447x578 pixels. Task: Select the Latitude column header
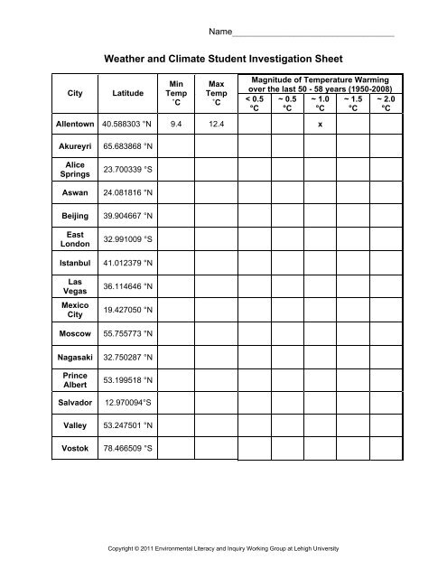126,92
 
